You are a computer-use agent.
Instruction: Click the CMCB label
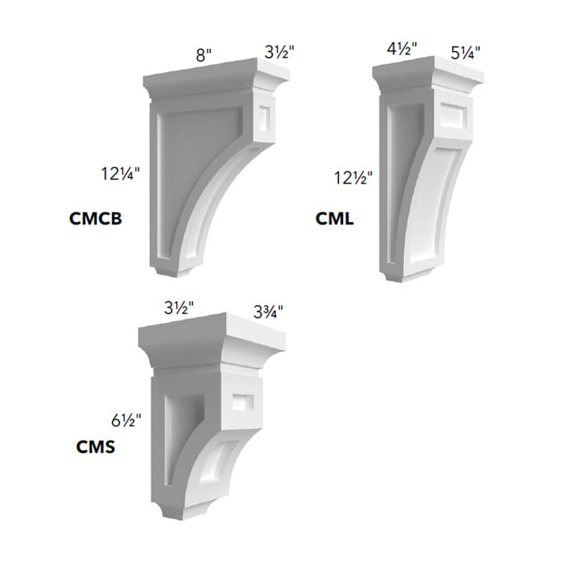[x=95, y=218]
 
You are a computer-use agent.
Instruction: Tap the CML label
[x=334, y=218]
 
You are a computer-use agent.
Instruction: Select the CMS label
[x=95, y=447]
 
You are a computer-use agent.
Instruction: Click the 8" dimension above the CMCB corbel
[x=204, y=55]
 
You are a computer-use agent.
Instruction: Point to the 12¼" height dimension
[x=120, y=174]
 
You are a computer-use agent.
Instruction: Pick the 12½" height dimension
[x=353, y=178]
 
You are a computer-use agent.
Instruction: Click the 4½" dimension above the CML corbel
[x=402, y=49]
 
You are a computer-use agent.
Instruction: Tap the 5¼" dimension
[x=465, y=54]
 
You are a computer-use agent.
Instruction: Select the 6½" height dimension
[x=126, y=420]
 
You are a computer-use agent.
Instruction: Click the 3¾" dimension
[x=268, y=312]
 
